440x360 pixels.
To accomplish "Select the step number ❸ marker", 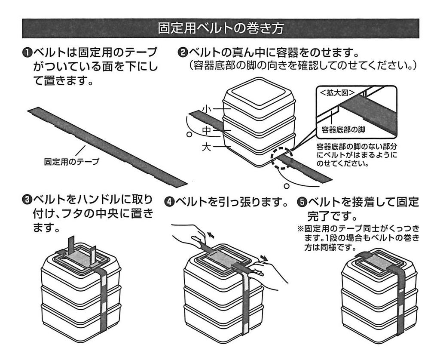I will pos(27,200).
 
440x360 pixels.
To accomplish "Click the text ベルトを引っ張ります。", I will pos(232,201).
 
